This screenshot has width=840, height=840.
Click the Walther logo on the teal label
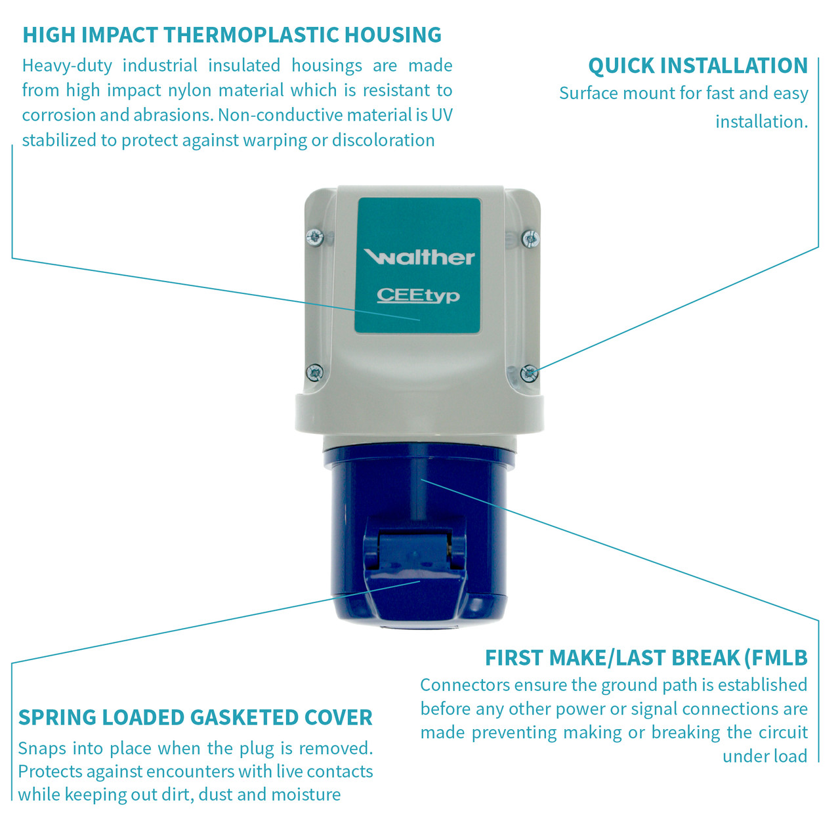point(419,257)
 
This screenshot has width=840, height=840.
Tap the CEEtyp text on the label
point(418,296)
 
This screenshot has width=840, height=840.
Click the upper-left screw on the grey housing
point(315,237)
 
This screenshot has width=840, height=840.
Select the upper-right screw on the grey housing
point(530,238)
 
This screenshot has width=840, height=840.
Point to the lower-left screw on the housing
point(315,372)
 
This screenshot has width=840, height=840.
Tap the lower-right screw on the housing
point(529,373)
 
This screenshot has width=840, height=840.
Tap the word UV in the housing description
point(442,115)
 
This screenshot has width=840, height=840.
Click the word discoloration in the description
point(383,140)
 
